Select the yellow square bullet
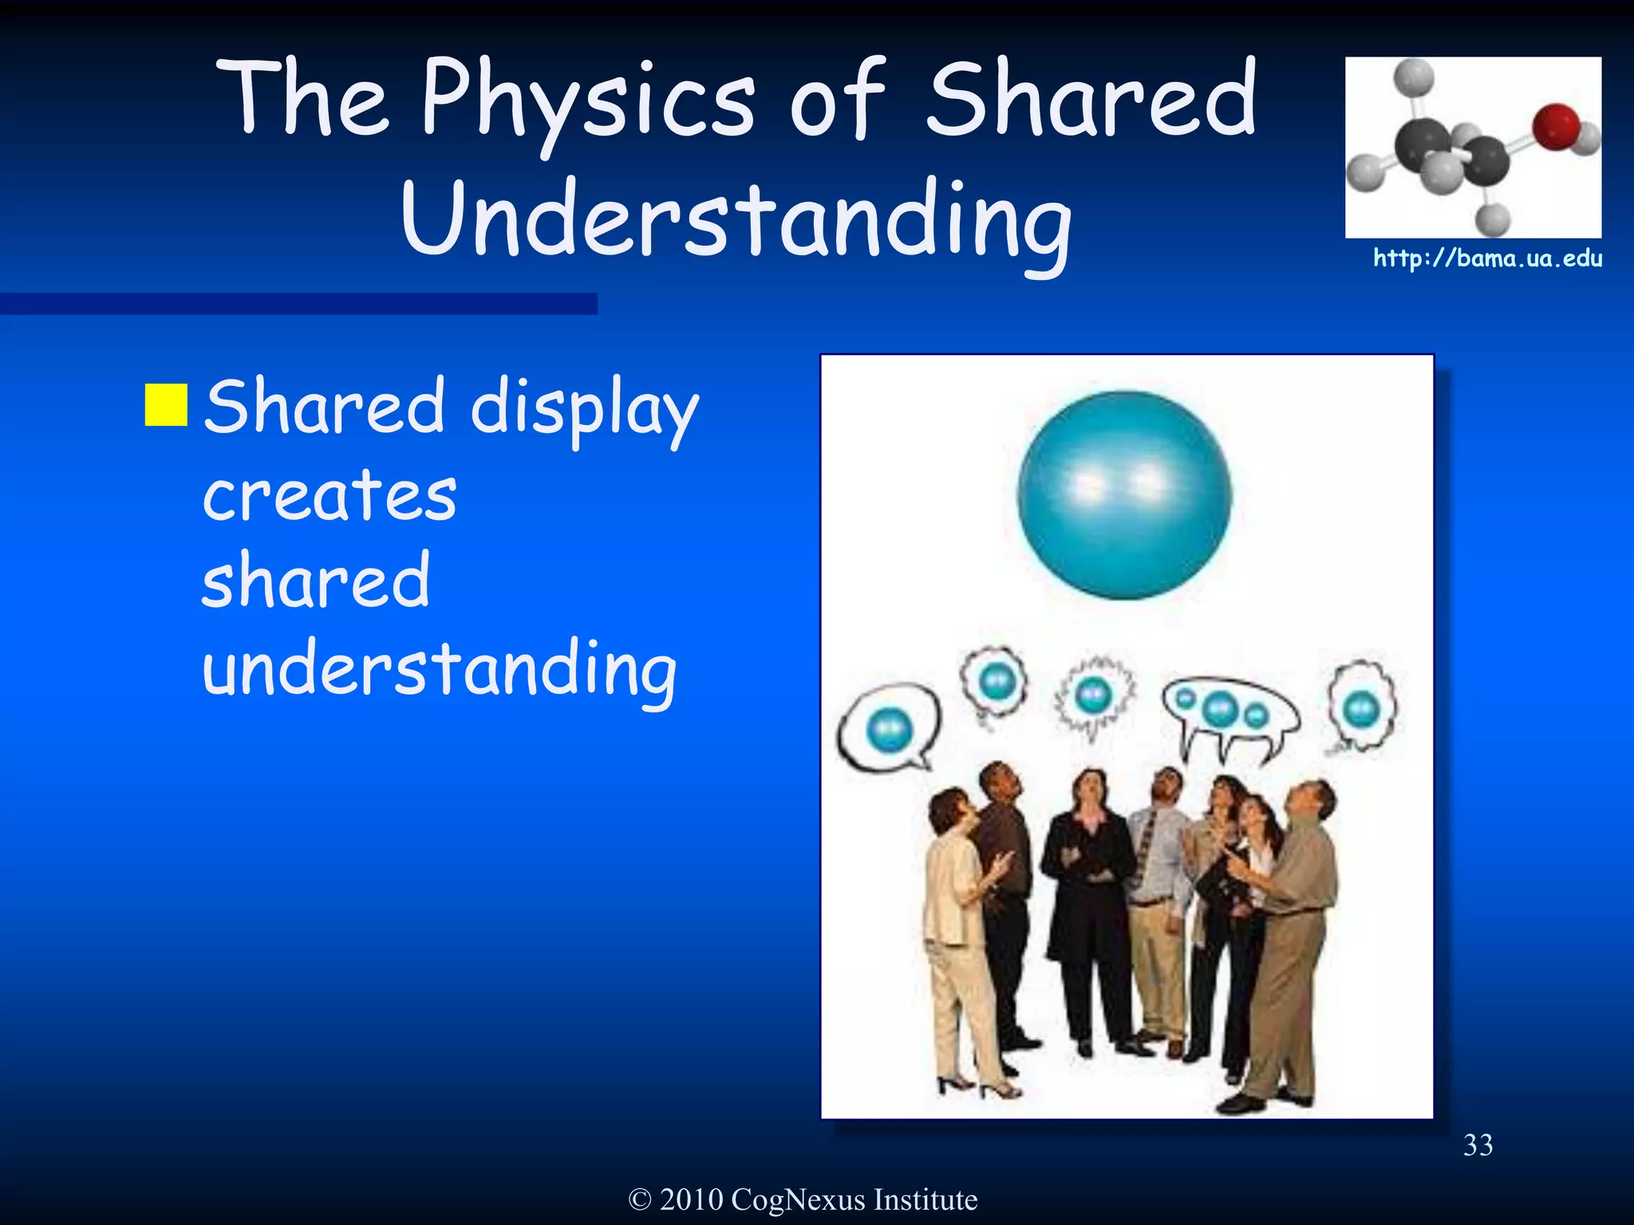tap(166, 405)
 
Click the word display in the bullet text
tap(585, 408)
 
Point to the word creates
tap(330, 496)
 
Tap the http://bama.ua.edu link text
tap(1487, 258)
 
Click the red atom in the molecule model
tap(1555, 126)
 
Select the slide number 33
tap(1478, 1145)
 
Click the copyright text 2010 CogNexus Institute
tap(803, 1199)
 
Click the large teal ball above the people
tap(1124, 495)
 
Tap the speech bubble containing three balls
tap(1229, 711)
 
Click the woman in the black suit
tap(1087, 893)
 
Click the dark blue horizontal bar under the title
tap(298, 304)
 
